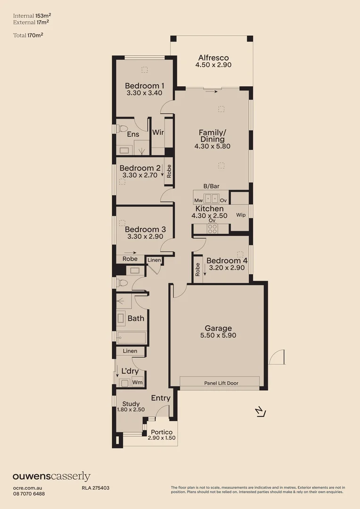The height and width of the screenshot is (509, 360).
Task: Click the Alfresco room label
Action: point(213,58)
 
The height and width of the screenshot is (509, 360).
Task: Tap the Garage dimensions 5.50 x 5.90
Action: point(218,336)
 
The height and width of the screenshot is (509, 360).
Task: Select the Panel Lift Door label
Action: point(221,383)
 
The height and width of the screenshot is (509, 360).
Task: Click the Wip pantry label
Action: point(241,215)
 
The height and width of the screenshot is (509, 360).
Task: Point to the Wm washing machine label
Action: point(137,382)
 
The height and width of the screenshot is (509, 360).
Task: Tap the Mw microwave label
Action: point(198,200)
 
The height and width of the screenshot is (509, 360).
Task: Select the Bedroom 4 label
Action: point(227,261)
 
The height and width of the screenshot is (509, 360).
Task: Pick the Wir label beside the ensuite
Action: point(158,132)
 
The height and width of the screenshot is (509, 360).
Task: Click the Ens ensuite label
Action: point(133,134)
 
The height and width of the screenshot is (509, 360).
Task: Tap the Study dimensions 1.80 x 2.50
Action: point(131,410)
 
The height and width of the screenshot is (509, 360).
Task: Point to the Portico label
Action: point(161,432)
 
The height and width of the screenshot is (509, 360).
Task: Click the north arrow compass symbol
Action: point(260,412)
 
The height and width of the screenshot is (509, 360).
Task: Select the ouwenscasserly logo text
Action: point(51,476)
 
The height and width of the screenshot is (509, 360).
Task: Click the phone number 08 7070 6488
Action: point(29,493)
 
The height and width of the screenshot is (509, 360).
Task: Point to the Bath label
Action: point(136,318)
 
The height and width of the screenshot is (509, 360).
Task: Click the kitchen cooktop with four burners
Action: point(213,229)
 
